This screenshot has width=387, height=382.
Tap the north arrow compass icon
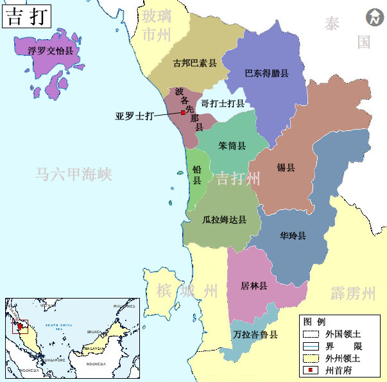click(373, 18)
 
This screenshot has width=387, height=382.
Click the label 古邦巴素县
click(195, 64)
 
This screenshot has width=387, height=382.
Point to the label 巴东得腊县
click(267, 73)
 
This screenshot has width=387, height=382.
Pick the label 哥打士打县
click(223, 103)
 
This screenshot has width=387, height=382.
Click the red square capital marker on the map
click(183, 112)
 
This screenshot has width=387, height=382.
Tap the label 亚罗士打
click(135, 116)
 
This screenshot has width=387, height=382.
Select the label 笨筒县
click(232, 146)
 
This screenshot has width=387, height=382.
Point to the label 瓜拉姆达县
click(224, 219)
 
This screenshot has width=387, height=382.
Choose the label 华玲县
click(293, 236)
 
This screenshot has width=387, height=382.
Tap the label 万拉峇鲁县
click(255, 334)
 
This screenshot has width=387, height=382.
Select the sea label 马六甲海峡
click(74, 174)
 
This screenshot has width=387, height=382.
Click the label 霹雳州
click(353, 294)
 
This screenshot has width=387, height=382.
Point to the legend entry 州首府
click(338, 371)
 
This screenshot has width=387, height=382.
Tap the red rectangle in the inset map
click(21, 326)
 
